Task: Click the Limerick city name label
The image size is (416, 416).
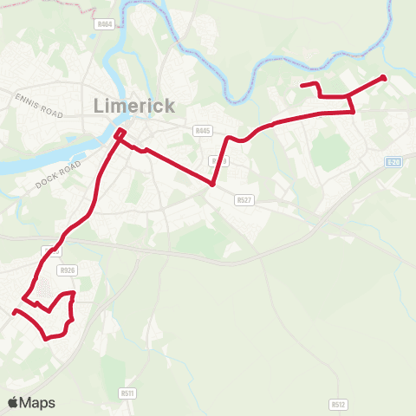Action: pyautogui.click(x=133, y=106)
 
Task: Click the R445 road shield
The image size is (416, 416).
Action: pyautogui.click(x=204, y=131)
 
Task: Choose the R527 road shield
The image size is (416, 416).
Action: pyautogui.click(x=244, y=199)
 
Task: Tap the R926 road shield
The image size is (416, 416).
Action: pyautogui.click(x=70, y=270)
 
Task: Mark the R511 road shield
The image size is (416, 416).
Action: pyautogui.click(x=128, y=393)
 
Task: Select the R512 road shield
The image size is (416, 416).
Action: pyautogui.click(x=338, y=404)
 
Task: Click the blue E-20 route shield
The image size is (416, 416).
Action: pyautogui.click(x=395, y=162)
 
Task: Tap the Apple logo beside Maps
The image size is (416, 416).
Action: pyautogui.click(x=13, y=402)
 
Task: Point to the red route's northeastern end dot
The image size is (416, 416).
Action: pyautogui.click(x=384, y=78)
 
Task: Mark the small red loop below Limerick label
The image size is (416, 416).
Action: pyautogui.click(x=120, y=133)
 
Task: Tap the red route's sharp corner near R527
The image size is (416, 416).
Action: pyautogui.click(x=212, y=184)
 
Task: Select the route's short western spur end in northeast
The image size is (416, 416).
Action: pyautogui.click(x=302, y=85)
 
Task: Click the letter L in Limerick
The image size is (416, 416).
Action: pyautogui.click(x=98, y=106)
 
